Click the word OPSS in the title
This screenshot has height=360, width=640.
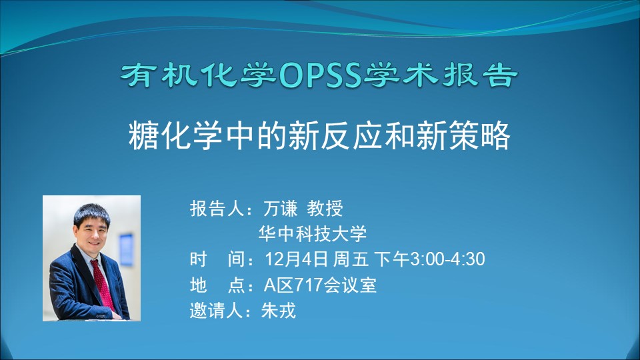(x=321, y=76)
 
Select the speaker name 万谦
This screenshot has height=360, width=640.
(x=281, y=209)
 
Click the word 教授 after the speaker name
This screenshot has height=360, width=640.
(x=325, y=209)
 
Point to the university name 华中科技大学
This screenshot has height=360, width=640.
(x=313, y=234)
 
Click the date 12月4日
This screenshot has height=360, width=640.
(x=296, y=259)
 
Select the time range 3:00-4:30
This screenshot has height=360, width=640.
(x=447, y=259)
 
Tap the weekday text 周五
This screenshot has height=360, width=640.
(x=351, y=259)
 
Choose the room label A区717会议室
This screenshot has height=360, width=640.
(x=320, y=285)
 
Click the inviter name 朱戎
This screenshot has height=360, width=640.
(x=279, y=311)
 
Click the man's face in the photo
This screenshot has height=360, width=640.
(x=91, y=231)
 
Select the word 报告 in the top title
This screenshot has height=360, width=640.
(x=480, y=75)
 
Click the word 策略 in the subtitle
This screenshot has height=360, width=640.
(x=480, y=135)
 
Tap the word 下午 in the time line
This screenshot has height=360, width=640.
(x=391, y=259)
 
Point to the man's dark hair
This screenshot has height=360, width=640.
(x=91, y=213)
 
